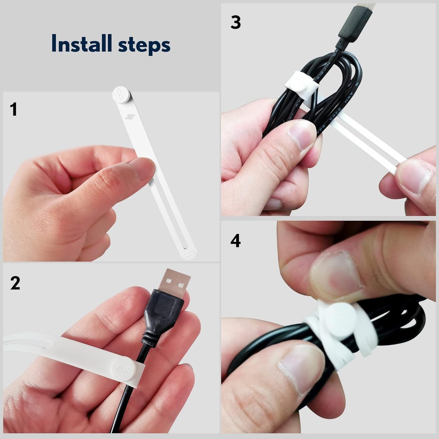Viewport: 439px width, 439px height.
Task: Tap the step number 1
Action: click(x=13, y=109)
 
